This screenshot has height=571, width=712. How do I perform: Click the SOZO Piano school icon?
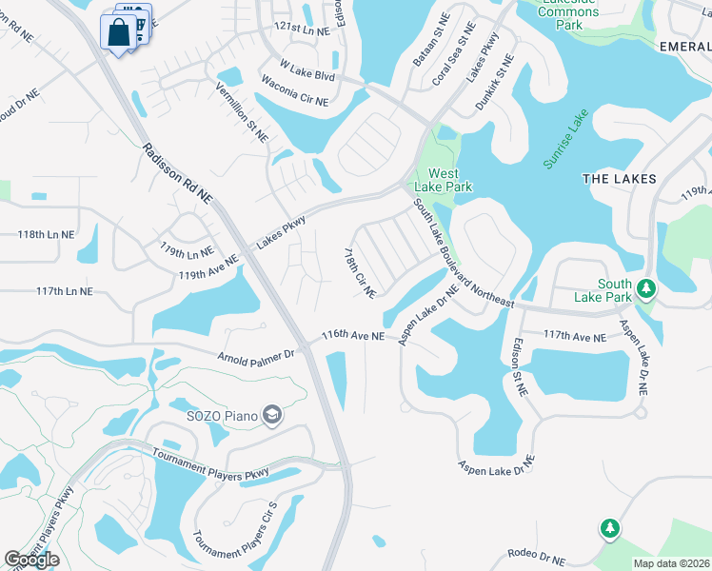pyautogui.click(x=272, y=415)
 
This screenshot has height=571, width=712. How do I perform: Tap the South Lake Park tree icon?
pyautogui.click(x=646, y=287)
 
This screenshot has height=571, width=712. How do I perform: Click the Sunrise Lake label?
pyautogui.click(x=566, y=139)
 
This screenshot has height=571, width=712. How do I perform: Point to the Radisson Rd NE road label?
pyautogui.click(x=178, y=173)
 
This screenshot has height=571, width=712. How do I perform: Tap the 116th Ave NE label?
pyautogui.click(x=352, y=336)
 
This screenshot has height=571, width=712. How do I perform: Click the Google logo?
pyautogui.click(x=31, y=559)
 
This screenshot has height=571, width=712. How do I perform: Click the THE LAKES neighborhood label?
pyautogui.click(x=619, y=179)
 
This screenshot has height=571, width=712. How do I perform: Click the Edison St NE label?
pyautogui.click(x=520, y=369)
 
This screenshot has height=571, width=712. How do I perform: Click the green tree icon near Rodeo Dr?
pyautogui.click(x=609, y=528)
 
